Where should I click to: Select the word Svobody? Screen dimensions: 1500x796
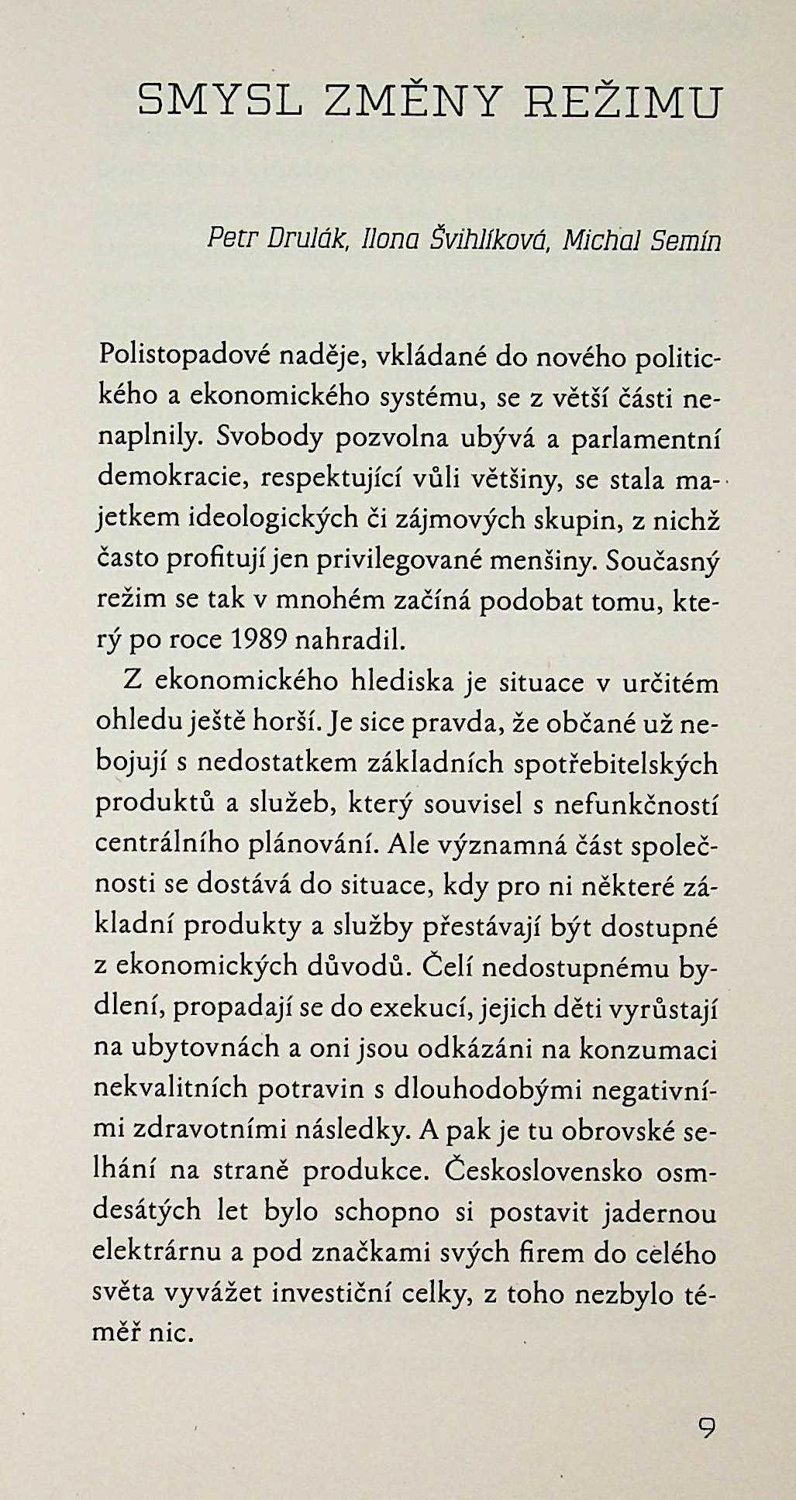266,438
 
